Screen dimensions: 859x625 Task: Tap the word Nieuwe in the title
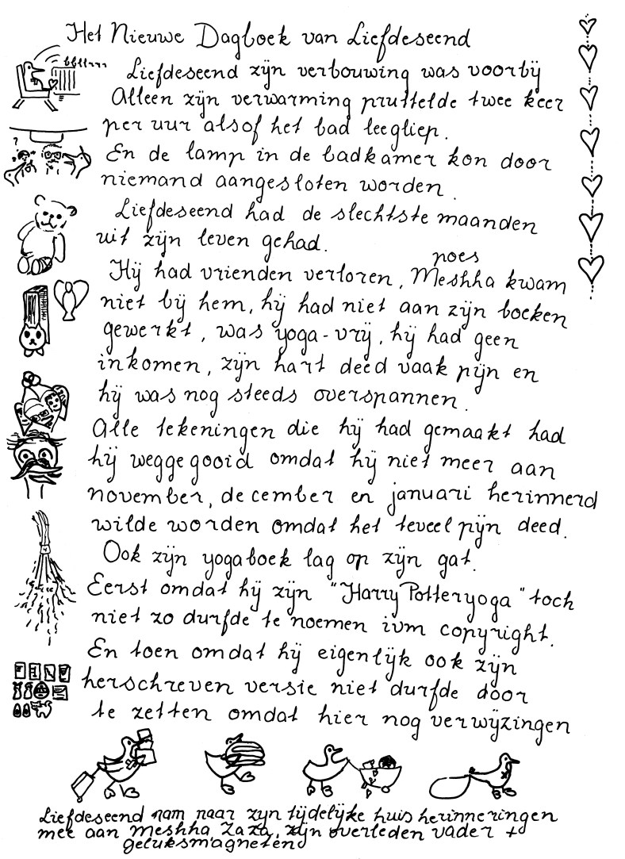click(x=142, y=36)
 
